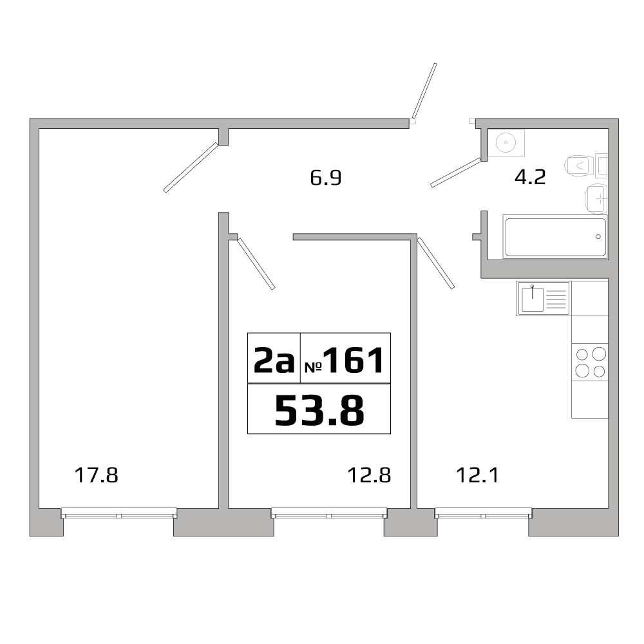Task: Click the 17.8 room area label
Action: tap(97, 476)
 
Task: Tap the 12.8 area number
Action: tap(370, 476)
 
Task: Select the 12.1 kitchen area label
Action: tap(478, 476)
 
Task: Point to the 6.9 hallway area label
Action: tap(325, 178)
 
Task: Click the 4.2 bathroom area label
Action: tap(531, 177)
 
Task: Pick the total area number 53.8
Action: tap(319, 410)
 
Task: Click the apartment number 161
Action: tap(354, 361)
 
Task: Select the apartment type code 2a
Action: tap(274, 362)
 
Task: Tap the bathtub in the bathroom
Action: tap(554, 237)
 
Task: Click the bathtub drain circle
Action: tap(598, 237)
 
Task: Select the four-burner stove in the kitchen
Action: tap(590, 361)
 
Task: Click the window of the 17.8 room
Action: tap(118, 514)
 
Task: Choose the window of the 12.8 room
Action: tap(328, 514)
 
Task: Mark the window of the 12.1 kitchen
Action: tap(484, 514)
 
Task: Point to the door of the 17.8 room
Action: tap(191, 167)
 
